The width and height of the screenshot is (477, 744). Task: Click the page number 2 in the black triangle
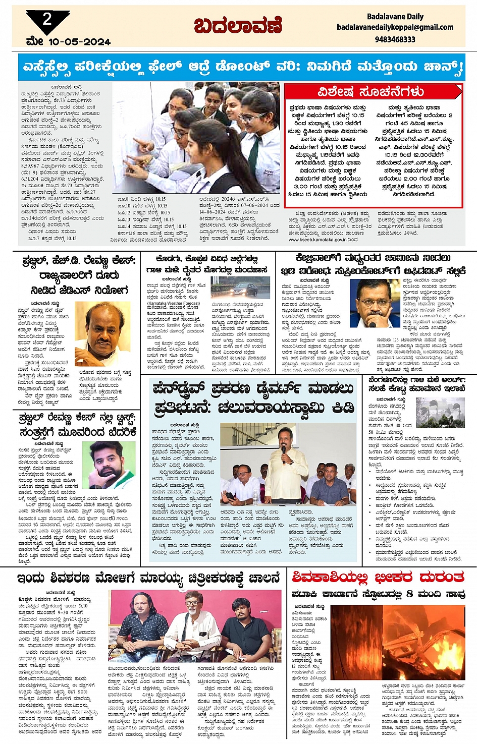pos(47,20)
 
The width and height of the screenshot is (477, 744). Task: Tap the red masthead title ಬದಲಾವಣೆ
pos(238,26)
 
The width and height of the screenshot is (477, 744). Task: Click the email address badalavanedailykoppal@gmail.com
pos(395,27)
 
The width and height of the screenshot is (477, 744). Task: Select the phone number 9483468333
pos(395,39)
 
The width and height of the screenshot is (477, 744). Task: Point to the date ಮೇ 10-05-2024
pos(68,42)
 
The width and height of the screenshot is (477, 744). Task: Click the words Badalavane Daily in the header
pos(395,17)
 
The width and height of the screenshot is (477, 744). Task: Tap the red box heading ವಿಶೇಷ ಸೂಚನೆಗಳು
pos(370,92)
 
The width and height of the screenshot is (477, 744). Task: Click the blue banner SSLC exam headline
pos(242,67)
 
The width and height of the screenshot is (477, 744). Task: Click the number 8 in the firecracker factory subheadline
pos(409,594)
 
